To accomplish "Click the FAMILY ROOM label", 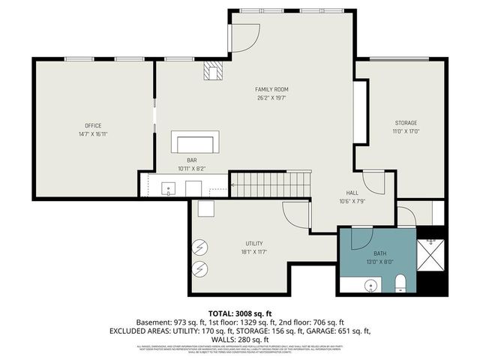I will (x=271, y=89).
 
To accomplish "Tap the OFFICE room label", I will (x=93, y=125).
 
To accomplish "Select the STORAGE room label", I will (x=406, y=122).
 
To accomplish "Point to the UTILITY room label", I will (x=253, y=244).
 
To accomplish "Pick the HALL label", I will (x=352, y=193).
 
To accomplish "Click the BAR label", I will (x=192, y=160).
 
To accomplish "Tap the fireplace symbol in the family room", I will (x=214, y=70).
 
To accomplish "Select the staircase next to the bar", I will (x=270, y=184).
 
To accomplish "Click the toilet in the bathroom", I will (x=400, y=283).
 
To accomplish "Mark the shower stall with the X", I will (x=430, y=254).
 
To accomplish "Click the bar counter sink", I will (x=169, y=187).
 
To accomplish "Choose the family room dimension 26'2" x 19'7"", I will (x=271, y=97).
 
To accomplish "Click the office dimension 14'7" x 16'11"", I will (x=93, y=134).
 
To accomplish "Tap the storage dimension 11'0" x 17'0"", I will (x=406, y=131).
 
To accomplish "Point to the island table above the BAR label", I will (x=196, y=142).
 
